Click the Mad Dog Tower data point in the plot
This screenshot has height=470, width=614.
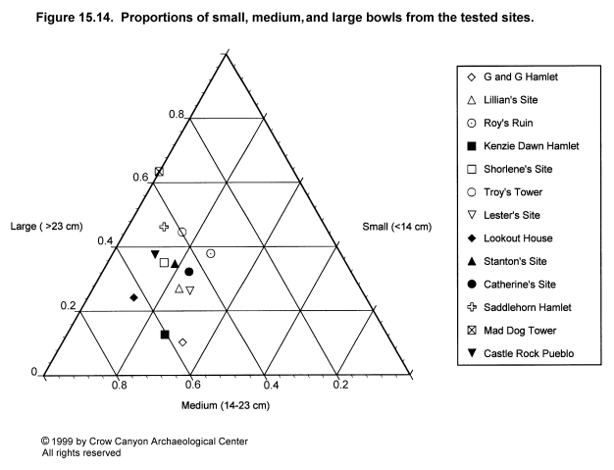tap(159, 173)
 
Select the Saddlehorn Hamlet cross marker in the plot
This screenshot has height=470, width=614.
tap(164, 227)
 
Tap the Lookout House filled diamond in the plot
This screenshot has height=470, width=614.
tap(132, 297)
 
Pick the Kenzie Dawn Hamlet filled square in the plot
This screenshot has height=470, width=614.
tap(165, 335)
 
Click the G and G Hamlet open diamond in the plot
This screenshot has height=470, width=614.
tap(182, 341)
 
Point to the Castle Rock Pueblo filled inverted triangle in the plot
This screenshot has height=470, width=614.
tap(155, 255)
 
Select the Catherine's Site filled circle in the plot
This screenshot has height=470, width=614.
tap(188, 272)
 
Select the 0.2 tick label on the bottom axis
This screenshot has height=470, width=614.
tap(339, 385)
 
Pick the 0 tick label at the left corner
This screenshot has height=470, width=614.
tap(33, 372)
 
